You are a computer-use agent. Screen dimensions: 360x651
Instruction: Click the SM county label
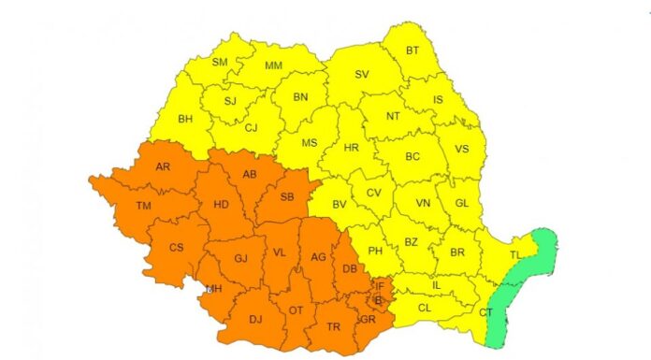tap(220, 63)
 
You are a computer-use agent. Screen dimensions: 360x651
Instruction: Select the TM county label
tap(143, 206)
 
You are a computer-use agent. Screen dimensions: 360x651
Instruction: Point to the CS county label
tap(176, 248)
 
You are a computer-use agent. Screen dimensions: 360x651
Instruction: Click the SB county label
tap(287, 196)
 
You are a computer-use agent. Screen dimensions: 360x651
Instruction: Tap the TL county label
tap(515, 253)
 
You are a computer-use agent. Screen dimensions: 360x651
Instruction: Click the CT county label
tap(485, 312)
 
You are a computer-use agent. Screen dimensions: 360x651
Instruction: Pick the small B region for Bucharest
tap(378, 301)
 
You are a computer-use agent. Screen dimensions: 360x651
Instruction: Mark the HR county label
tap(351, 149)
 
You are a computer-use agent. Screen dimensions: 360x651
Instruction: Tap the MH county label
tap(214, 288)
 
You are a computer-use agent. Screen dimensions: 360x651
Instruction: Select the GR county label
tap(367, 319)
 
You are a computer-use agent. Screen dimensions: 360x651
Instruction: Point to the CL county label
tap(425, 307)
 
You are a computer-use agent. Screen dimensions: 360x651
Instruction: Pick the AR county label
tap(163, 167)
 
